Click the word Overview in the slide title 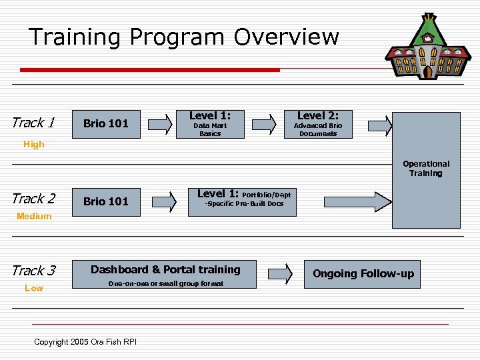point(286,37)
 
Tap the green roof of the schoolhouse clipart point(427,30)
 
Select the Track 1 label point(33,123)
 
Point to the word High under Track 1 point(33,144)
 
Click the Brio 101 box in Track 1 point(105,123)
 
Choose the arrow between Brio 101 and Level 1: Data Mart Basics point(159,124)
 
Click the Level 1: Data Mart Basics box point(210,123)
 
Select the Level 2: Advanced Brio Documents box point(318,123)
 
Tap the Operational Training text point(426,168)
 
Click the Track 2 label point(33,199)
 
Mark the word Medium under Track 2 point(34,216)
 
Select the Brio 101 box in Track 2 point(105,201)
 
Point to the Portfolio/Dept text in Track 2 point(266,195)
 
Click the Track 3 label point(33,271)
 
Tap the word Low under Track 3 point(33,288)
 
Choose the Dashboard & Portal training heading point(165,269)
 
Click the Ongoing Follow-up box point(363,274)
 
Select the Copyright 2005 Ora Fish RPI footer point(85,342)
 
